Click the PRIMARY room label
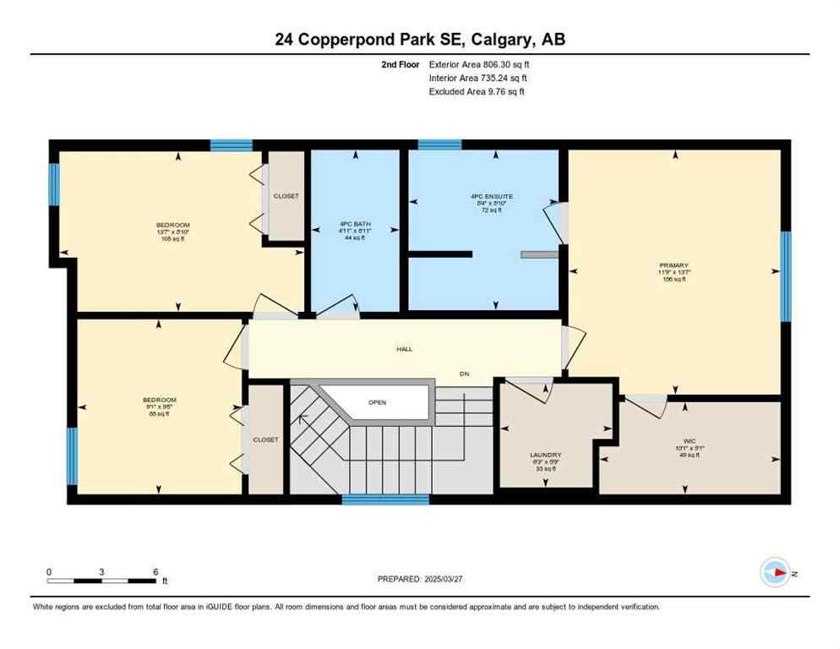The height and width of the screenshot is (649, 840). click(x=674, y=265)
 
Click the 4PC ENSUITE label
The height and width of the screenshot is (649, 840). click(x=492, y=196)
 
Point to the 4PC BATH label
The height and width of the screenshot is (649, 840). click(x=355, y=225)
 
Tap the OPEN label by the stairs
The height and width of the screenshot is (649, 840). click(x=377, y=402)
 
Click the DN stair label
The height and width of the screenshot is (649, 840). click(x=464, y=374)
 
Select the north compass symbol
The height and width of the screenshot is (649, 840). click(x=775, y=572)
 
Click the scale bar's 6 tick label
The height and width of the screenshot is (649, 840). click(x=155, y=571)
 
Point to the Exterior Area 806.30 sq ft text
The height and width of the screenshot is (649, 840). click(x=480, y=63)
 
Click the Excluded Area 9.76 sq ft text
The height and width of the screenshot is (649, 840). click(x=477, y=91)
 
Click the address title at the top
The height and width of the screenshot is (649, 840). click(x=420, y=39)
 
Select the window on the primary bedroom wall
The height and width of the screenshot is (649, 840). click(x=785, y=276)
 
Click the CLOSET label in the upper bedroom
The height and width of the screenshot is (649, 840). click(x=286, y=196)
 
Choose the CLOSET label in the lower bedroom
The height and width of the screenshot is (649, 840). click(x=265, y=439)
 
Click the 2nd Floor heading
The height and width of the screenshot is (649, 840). click(x=400, y=63)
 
